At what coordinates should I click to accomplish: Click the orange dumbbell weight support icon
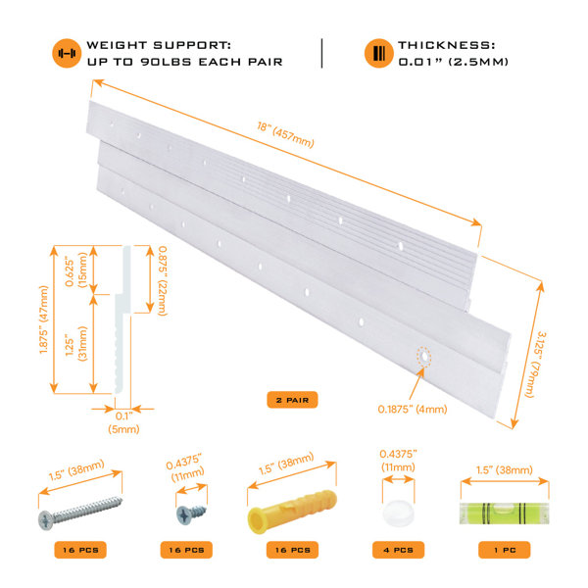tap(67, 53)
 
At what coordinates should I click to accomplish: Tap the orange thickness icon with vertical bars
tap(378, 53)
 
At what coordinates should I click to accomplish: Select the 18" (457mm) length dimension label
tap(285, 135)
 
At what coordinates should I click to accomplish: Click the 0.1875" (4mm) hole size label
tap(413, 409)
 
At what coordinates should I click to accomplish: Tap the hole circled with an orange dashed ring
tap(423, 357)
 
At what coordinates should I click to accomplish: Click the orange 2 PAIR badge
tap(292, 400)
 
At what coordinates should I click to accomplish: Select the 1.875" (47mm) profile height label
tap(44, 319)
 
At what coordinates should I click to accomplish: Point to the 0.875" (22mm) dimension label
tap(163, 280)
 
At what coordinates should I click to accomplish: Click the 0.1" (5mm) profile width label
tap(123, 422)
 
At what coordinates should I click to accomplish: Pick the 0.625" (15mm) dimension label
tap(76, 270)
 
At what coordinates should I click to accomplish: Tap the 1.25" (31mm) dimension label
tap(76, 344)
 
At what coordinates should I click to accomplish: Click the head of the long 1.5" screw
tap(46, 520)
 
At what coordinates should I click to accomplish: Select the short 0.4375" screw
tap(191, 514)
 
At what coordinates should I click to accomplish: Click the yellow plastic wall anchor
tap(292, 511)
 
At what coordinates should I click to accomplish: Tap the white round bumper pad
tap(399, 513)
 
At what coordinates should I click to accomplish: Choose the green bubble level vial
tap(505, 514)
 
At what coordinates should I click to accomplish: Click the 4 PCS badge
tap(398, 550)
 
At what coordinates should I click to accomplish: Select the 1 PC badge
tap(505, 550)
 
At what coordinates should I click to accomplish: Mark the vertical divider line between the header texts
tap(321, 53)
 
